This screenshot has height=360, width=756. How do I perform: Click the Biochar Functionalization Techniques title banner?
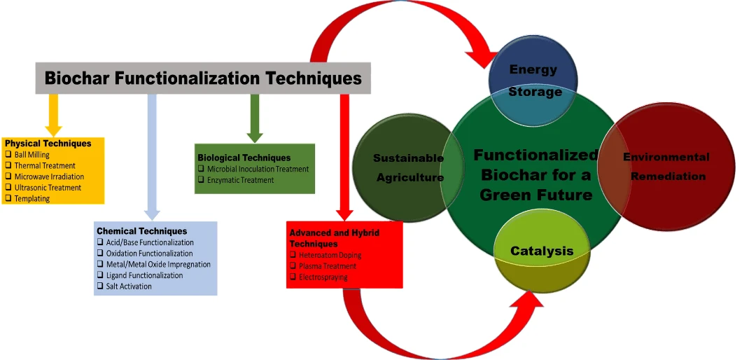point(203,78)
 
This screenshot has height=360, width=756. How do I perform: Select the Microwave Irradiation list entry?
point(49,176)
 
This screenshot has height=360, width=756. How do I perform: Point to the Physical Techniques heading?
point(48,144)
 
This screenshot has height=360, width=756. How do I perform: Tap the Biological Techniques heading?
point(244,158)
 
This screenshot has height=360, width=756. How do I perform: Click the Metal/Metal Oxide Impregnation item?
point(158,264)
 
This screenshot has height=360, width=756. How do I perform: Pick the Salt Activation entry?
point(129,286)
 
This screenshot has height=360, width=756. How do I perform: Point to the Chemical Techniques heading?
point(142,231)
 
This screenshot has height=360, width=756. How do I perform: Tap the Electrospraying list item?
point(323,277)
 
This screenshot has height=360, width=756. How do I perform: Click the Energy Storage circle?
point(533,80)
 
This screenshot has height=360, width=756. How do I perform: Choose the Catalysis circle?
point(541,251)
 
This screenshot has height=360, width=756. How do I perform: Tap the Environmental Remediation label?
point(666,166)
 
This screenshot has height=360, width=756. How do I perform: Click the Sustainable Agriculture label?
point(409,167)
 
